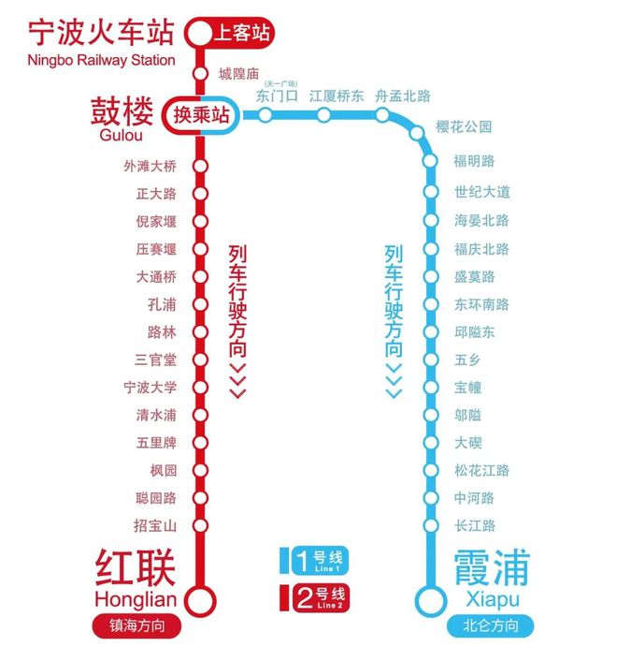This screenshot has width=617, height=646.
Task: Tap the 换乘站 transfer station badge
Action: tap(200, 115)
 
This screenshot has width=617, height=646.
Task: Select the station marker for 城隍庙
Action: tap(199, 74)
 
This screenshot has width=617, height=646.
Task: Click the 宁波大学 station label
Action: tap(150, 388)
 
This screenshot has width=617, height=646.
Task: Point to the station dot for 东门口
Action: tap(266, 115)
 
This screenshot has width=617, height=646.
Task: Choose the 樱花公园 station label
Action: tap(464, 127)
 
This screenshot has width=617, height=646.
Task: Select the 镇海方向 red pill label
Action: tap(136, 625)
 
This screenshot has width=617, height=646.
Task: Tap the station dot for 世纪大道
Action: tap(430, 193)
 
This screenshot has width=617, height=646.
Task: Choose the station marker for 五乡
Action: tap(430, 360)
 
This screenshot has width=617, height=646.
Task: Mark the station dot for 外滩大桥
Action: tap(199, 167)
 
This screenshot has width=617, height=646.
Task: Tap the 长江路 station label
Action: tap(475, 526)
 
